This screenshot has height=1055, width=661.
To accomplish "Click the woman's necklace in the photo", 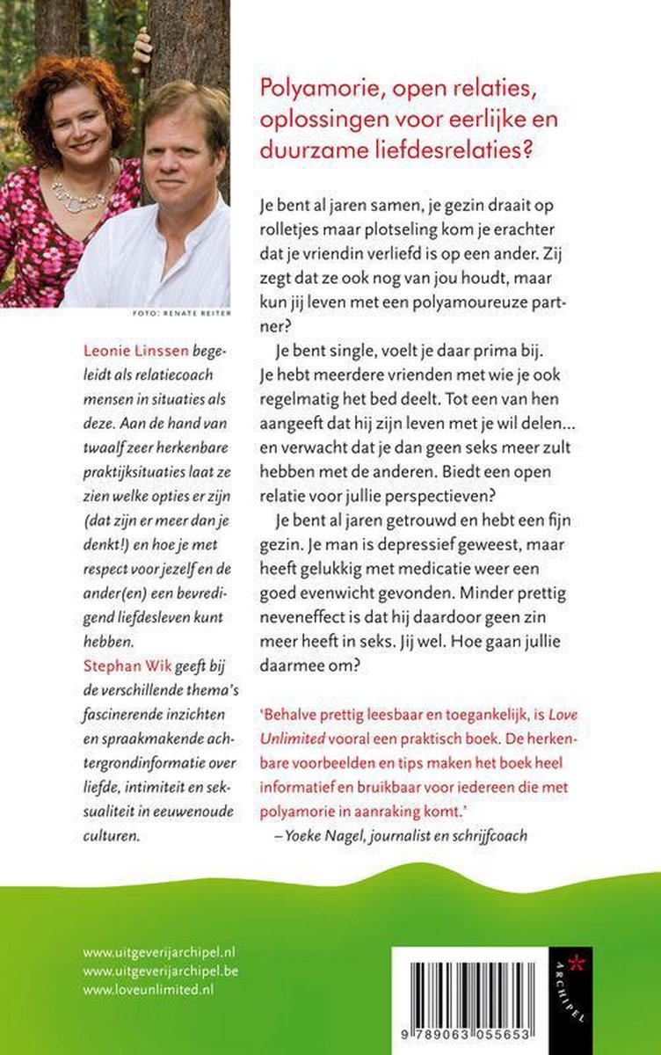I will click(x=75, y=188).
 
